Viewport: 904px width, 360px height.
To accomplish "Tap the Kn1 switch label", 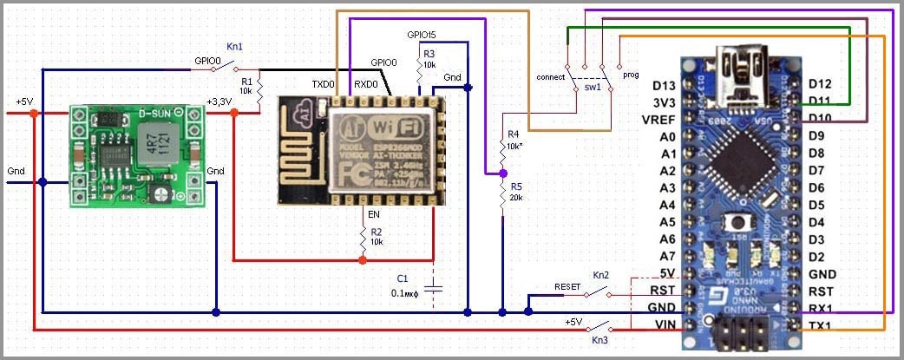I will (x=234, y=45).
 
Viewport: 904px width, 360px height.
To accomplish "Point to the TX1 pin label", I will (x=821, y=325).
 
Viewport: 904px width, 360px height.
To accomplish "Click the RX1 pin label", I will (x=821, y=308).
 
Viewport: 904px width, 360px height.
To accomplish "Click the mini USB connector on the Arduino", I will (x=737, y=63).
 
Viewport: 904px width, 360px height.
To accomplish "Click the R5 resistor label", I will (x=516, y=187).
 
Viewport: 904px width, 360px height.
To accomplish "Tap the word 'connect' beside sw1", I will (x=551, y=77).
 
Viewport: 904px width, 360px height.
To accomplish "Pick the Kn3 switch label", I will (x=600, y=341).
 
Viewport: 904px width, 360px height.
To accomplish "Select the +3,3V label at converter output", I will (x=219, y=102).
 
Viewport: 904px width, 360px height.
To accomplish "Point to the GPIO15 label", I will (x=422, y=36).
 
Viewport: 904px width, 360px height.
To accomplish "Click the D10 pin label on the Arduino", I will (x=821, y=119).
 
